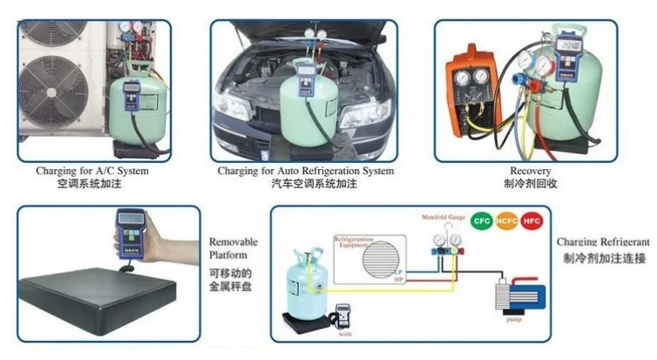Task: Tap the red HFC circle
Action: click(532, 222)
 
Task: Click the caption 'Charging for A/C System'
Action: click(92, 172)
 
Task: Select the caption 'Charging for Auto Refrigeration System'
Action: click(305, 172)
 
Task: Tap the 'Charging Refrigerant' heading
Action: click(606, 241)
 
